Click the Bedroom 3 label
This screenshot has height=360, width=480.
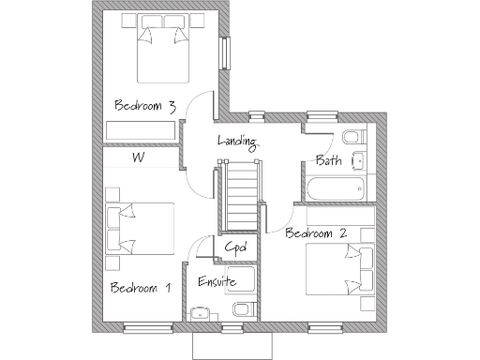(144, 106)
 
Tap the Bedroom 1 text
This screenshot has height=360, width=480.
(140, 287)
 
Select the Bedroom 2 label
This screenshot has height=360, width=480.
(316, 232)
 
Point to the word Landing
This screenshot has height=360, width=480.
(237, 142)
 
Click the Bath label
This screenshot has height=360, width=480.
(328, 160)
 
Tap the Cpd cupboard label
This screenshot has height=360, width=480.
(235, 248)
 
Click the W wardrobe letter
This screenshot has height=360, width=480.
(137, 157)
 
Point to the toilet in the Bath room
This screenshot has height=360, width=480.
(351, 139)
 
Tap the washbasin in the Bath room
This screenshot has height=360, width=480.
(359, 162)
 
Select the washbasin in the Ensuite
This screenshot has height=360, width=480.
(200, 313)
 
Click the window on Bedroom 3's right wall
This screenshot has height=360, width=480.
(224, 52)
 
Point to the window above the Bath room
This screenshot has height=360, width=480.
(322, 116)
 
